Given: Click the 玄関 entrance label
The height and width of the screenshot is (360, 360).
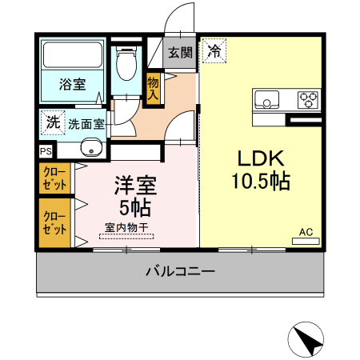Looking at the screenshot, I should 180,54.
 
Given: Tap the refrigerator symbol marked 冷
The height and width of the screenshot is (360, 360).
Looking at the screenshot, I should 214,51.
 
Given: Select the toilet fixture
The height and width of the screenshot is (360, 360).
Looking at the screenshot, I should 126,62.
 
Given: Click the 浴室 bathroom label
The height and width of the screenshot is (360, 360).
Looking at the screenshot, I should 74,85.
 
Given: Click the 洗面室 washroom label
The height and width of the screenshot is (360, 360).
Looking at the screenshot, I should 86,124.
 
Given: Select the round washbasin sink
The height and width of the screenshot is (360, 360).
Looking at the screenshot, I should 90,148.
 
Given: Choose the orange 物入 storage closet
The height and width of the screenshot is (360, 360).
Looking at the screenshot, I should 154,89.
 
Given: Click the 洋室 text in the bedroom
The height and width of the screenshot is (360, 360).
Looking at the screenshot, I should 135,186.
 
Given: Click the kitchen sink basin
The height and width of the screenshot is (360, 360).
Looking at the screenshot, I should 267,100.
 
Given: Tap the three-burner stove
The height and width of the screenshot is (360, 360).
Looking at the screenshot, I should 307,100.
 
